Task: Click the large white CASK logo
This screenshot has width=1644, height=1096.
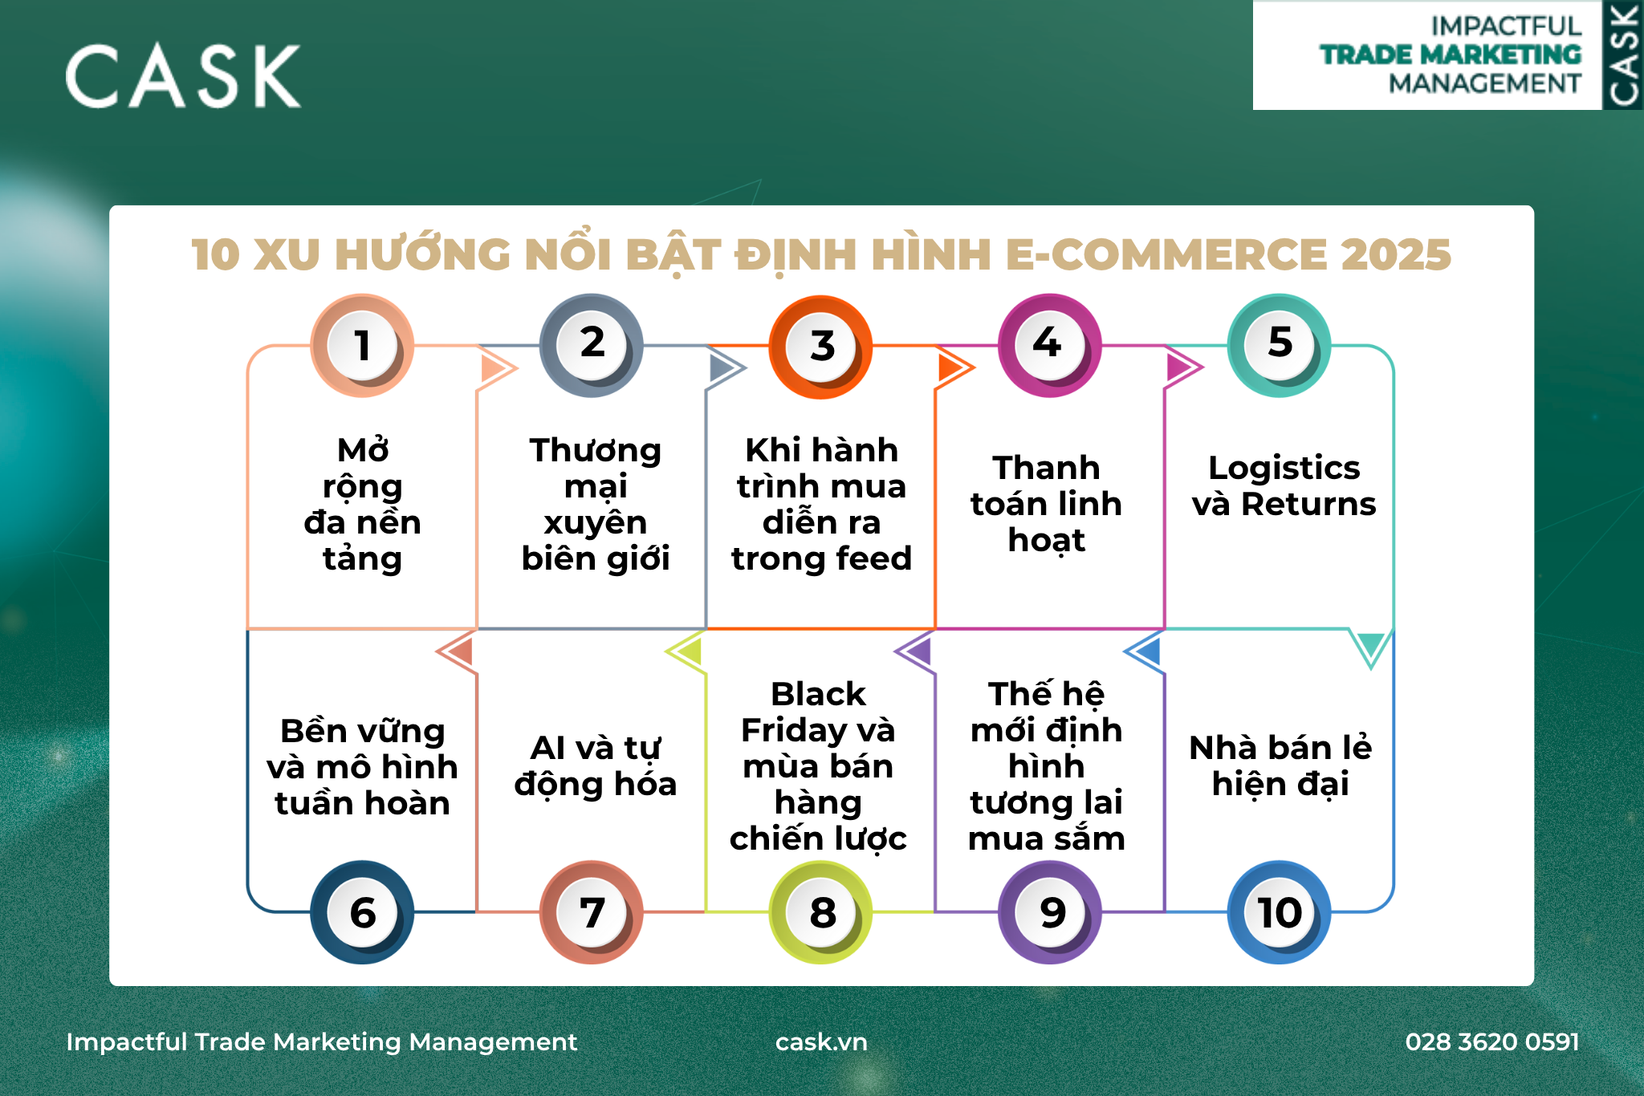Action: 183,76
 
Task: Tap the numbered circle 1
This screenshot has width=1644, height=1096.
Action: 362,346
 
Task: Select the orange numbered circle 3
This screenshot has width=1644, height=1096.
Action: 820,347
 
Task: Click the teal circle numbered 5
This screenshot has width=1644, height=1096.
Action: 1280,345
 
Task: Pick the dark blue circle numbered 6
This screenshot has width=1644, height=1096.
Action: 362,912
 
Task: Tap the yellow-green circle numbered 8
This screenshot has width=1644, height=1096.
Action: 820,912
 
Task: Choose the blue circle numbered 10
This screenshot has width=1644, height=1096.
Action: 1280,912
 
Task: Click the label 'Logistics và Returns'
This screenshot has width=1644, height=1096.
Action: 1284,485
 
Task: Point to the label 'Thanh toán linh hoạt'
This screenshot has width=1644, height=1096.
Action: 1047,504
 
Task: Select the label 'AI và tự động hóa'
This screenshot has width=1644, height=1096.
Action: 596,766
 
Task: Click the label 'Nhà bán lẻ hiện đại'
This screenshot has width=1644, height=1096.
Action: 1280,766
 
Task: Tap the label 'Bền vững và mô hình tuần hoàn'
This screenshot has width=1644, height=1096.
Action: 362,767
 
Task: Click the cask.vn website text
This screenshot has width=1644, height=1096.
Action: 821,1041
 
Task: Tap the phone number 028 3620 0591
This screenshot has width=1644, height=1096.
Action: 1492,1041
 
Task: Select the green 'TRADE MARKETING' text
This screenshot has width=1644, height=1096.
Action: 1451,55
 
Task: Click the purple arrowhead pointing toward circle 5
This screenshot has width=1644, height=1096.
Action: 1182,367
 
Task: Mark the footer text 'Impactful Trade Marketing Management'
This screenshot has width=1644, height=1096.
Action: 321,1041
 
